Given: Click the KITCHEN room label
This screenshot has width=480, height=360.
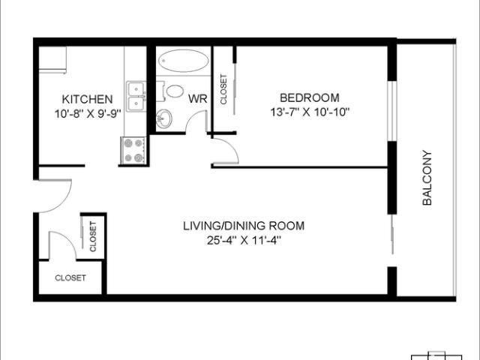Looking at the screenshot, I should coord(88,99).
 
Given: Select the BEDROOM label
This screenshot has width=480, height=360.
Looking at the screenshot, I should coord(309,97).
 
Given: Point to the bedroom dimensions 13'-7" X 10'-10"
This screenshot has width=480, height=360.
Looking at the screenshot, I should coord(309,112).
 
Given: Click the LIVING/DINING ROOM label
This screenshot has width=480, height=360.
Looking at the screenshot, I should coord(244,226).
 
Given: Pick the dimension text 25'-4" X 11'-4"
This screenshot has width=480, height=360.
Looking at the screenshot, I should coord(244,240).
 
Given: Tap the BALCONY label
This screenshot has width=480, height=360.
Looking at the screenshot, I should coord(427,178).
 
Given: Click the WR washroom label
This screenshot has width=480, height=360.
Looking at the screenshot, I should coord(198,99).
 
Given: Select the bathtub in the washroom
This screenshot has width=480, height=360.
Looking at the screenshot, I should coord(184,61).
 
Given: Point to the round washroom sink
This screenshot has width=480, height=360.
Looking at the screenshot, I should coord(164,118).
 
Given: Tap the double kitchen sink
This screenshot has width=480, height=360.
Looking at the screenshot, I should coord(135,97).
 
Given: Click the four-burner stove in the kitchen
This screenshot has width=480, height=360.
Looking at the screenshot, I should coord(133,150).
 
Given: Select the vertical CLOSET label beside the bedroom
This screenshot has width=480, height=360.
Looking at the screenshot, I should coord(223,88).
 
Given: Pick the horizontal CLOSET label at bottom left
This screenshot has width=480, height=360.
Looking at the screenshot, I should coord(70,277).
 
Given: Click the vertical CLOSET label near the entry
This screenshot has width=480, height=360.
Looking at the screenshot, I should coord(93,236).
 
